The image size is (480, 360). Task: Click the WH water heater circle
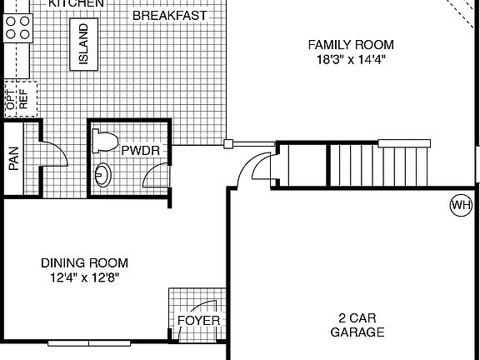(x=460, y=204)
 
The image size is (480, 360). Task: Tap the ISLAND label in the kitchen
(x=84, y=45)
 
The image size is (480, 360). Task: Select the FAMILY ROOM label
(x=350, y=44)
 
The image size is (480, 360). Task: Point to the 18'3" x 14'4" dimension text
(x=350, y=59)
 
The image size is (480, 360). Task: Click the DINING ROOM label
(x=85, y=262)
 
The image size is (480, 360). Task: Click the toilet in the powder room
(x=103, y=141)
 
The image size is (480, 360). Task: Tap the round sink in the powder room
(x=103, y=175)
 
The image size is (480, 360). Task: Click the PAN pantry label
(x=14, y=159)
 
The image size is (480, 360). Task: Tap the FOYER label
(x=199, y=321)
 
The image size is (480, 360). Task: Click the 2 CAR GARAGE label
(x=357, y=325)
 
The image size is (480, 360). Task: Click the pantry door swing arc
(x=52, y=155)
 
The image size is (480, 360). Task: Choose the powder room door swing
(x=155, y=176)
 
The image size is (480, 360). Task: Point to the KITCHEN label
(x=76, y=3)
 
